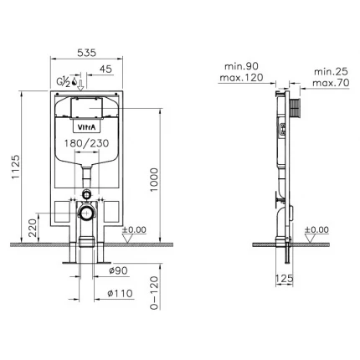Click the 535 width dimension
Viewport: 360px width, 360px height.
(86, 53)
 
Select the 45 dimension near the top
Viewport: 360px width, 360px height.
(105, 69)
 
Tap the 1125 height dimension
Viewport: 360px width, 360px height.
(16, 167)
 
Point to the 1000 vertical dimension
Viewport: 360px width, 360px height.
(154, 179)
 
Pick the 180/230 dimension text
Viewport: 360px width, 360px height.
(86, 143)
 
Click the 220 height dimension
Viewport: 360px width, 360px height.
(33, 228)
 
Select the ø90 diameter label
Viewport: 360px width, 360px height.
(118, 270)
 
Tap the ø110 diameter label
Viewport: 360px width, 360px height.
(120, 293)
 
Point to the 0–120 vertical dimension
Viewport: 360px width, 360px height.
(154, 293)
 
